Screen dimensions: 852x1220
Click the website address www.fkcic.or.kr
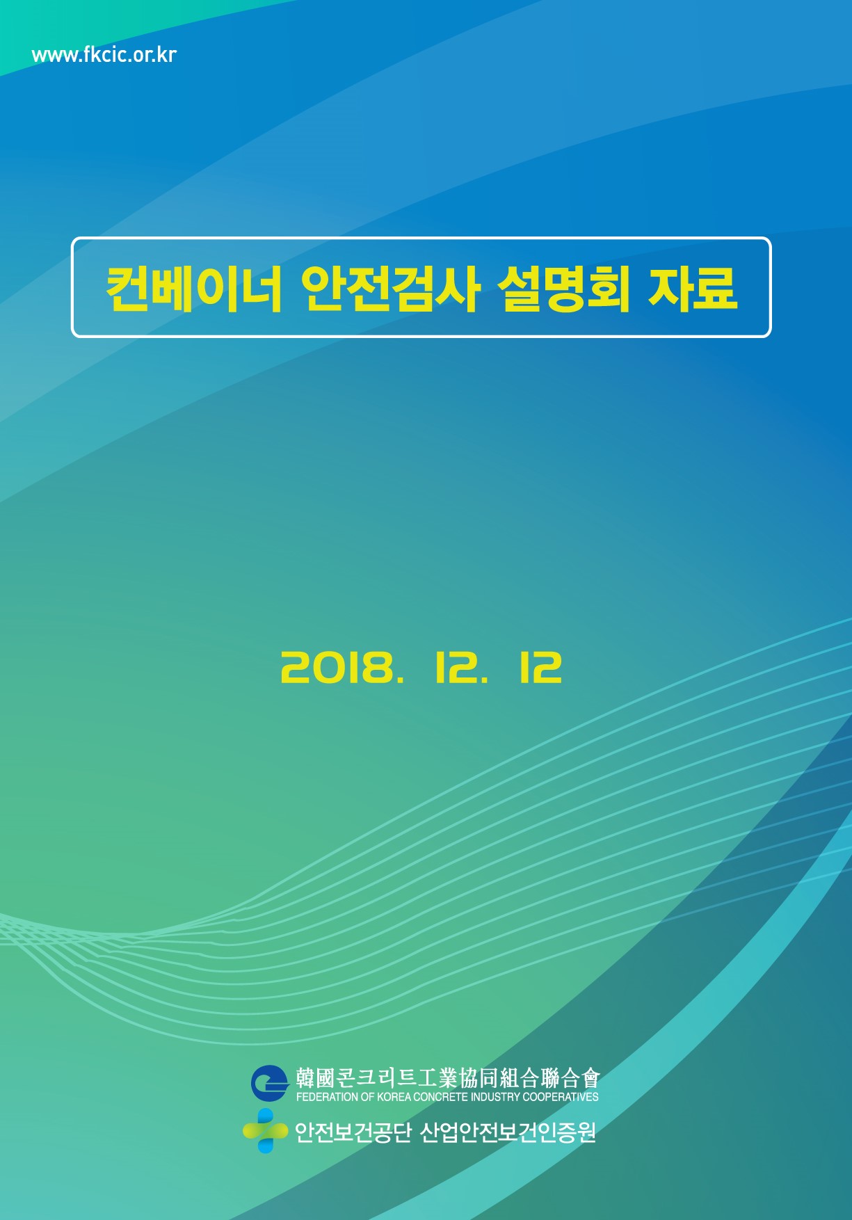pos(104,55)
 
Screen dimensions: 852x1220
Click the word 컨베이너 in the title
pos(194,287)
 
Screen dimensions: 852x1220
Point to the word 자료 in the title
pos(693,287)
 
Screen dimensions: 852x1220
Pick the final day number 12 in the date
pos(540,668)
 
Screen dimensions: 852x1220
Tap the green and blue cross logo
pos(265,1131)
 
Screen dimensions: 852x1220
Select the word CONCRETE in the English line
pos(440,1097)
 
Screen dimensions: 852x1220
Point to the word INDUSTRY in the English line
pos(495,1097)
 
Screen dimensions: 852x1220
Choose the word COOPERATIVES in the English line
pos(561,1097)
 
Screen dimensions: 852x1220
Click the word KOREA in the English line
pos(394,1097)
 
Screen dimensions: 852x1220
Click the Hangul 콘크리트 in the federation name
pos(376,1078)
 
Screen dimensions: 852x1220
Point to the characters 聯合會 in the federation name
pos(570,1078)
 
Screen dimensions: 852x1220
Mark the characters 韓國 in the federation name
pos(316,1078)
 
